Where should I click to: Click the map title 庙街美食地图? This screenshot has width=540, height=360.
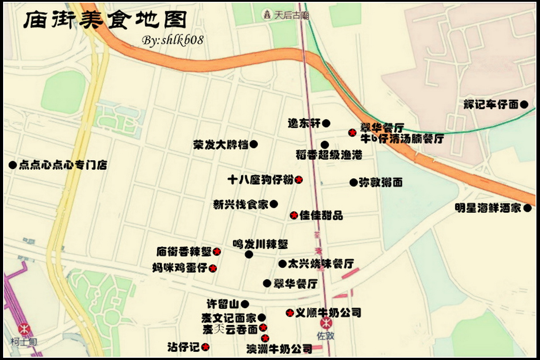tap(105, 20)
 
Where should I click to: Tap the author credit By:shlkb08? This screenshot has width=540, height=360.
tap(173, 40)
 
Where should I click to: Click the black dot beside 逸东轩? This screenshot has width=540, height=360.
tap(326, 123)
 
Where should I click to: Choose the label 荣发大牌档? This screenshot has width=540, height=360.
tap(221, 144)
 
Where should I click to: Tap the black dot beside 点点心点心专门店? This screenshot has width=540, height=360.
tap(12, 165)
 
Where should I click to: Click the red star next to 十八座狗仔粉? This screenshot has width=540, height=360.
tap(299, 180)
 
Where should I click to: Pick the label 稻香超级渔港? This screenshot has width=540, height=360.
tap(329, 155)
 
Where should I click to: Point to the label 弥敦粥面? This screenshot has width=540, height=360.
tap(381, 182)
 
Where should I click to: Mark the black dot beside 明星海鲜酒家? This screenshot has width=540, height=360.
tap(528, 208)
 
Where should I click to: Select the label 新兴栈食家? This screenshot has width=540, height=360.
tap(241, 204)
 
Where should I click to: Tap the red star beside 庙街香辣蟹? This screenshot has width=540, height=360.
tap(217, 252)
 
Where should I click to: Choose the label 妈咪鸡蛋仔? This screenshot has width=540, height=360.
tap(180, 268)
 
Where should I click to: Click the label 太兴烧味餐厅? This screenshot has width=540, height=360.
tap(321, 264)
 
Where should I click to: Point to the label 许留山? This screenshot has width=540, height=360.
tap(222, 304)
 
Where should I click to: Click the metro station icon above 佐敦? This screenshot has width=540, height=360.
tap(326, 322)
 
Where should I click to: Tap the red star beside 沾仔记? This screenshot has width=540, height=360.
tap(206, 347)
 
